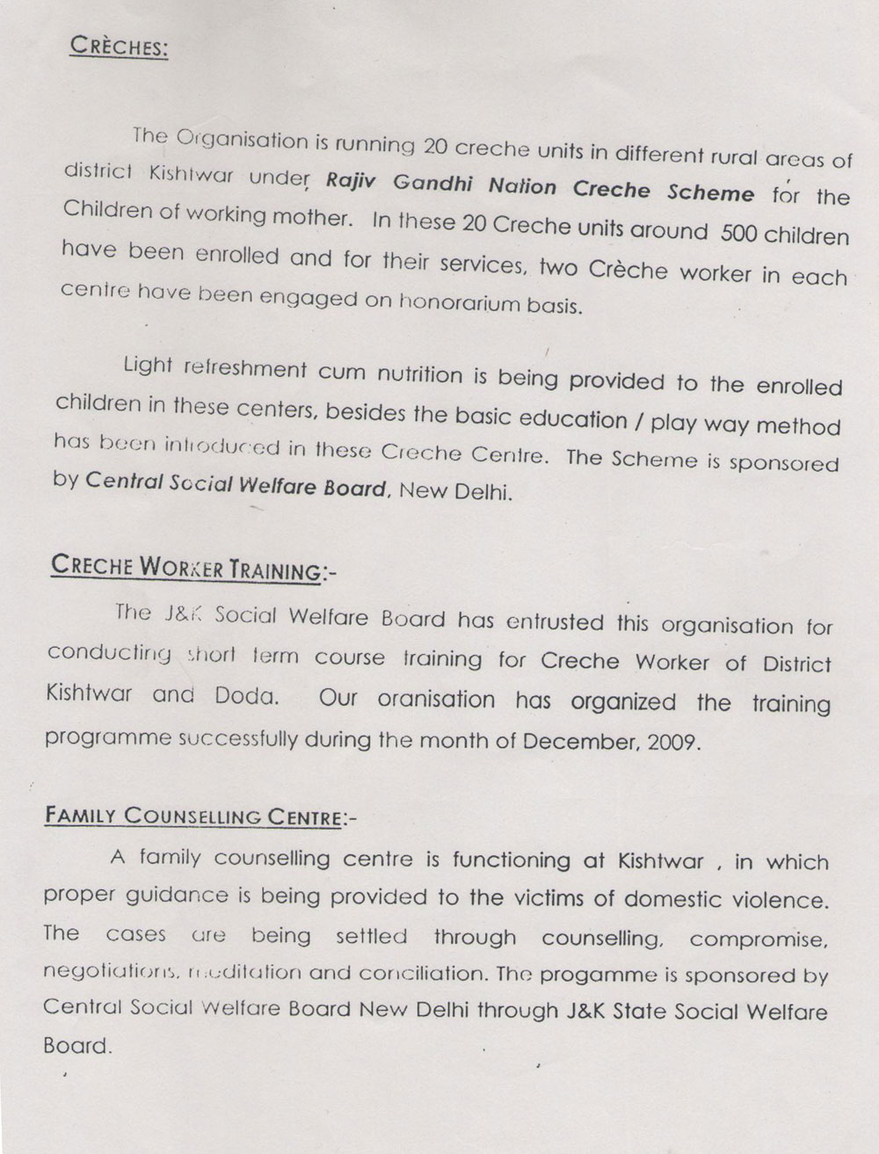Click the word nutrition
coord(419,375)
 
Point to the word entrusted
coord(555,622)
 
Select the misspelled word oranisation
coord(436,700)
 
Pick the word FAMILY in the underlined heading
coord(79,814)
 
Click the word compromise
coord(758,940)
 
